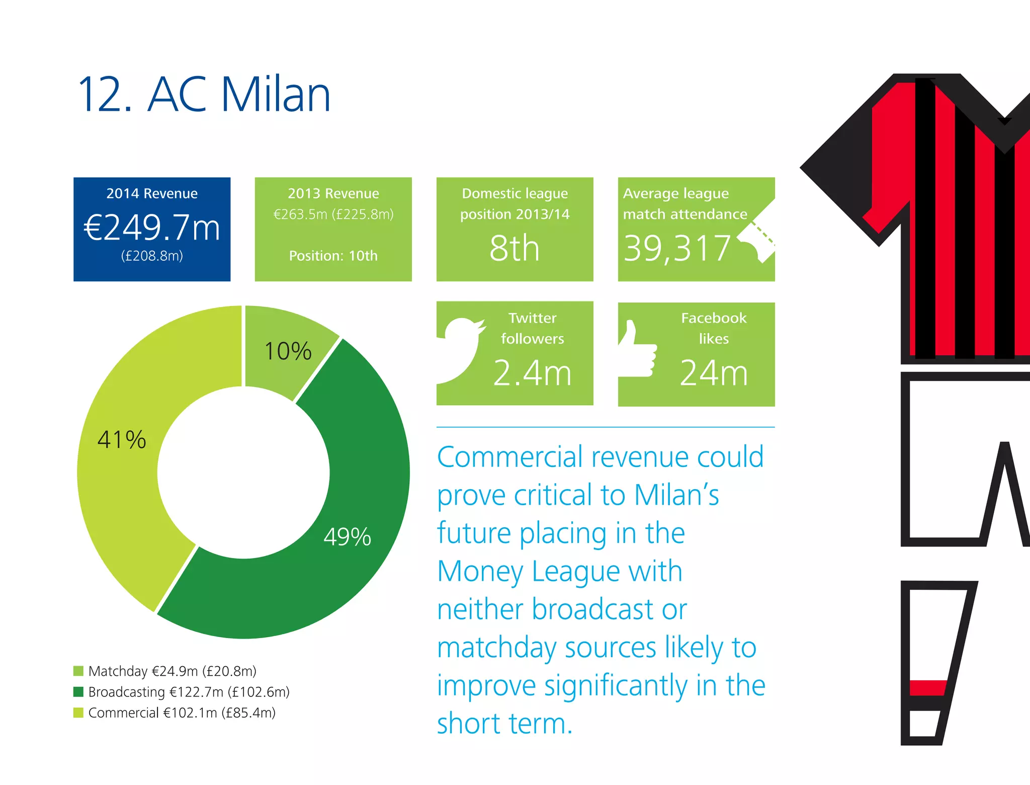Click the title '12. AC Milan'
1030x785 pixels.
pos(204,94)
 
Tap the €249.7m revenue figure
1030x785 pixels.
pos(152,227)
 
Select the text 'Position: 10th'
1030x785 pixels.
pos(333,256)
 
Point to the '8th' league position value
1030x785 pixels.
pos(514,248)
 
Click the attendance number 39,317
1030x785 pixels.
pos(677,248)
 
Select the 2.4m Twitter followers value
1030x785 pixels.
pos(532,373)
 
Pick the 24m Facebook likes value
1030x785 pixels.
pos(714,373)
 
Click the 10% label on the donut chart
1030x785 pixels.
pos(288,351)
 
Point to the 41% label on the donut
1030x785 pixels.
pos(122,439)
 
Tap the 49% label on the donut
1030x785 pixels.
pos(347,536)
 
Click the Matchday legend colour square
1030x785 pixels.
pos(78,671)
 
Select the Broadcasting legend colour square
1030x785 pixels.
pos(78,692)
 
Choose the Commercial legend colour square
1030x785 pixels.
pos(78,713)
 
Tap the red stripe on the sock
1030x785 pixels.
pos(928,687)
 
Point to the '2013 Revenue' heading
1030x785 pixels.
pos(333,193)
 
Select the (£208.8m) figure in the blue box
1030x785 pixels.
pos(152,256)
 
